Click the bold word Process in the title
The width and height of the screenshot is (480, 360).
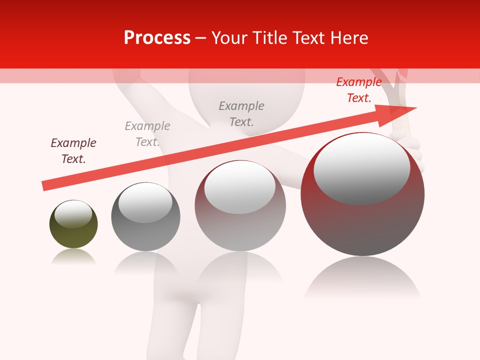click(x=157, y=38)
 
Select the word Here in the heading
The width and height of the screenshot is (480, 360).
click(x=349, y=38)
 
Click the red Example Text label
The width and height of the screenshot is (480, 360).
click(x=358, y=90)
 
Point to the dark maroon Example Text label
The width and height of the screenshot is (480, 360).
click(x=73, y=151)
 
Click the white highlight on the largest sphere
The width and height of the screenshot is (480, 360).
click(x=361, y=167)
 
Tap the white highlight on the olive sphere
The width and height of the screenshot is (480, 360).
click(x=73, y=213)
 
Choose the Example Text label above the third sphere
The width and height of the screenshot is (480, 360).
click(x=241, y=114)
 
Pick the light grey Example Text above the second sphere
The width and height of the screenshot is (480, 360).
click(x=147, y=134)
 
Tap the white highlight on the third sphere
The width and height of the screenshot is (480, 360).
click(x=239, y=186)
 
